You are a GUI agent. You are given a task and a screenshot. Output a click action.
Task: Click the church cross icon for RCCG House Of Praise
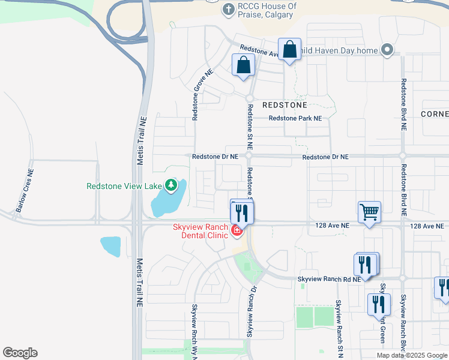click(228, 10)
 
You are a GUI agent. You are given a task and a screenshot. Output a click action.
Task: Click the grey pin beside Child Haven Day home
click(387, 50)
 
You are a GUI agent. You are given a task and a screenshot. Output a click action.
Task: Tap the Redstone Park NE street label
click(295, 118)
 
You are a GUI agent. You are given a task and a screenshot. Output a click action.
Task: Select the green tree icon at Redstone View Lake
click(172, 185)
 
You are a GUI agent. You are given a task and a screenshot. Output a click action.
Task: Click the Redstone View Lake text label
click(123, 186)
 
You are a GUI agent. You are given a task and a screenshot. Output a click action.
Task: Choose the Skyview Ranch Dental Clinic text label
click(200, 231)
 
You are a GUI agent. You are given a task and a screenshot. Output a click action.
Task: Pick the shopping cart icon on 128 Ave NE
click(369, 212)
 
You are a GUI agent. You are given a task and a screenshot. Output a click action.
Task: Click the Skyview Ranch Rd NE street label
click(330, 279)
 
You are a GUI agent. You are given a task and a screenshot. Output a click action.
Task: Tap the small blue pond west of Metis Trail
click(110, 247)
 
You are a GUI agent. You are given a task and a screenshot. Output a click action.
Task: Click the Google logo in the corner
click(20, 353)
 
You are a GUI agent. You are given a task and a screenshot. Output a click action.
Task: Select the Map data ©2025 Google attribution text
click(412, 355)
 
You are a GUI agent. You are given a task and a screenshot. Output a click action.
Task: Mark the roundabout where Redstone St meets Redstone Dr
click(249, 156)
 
